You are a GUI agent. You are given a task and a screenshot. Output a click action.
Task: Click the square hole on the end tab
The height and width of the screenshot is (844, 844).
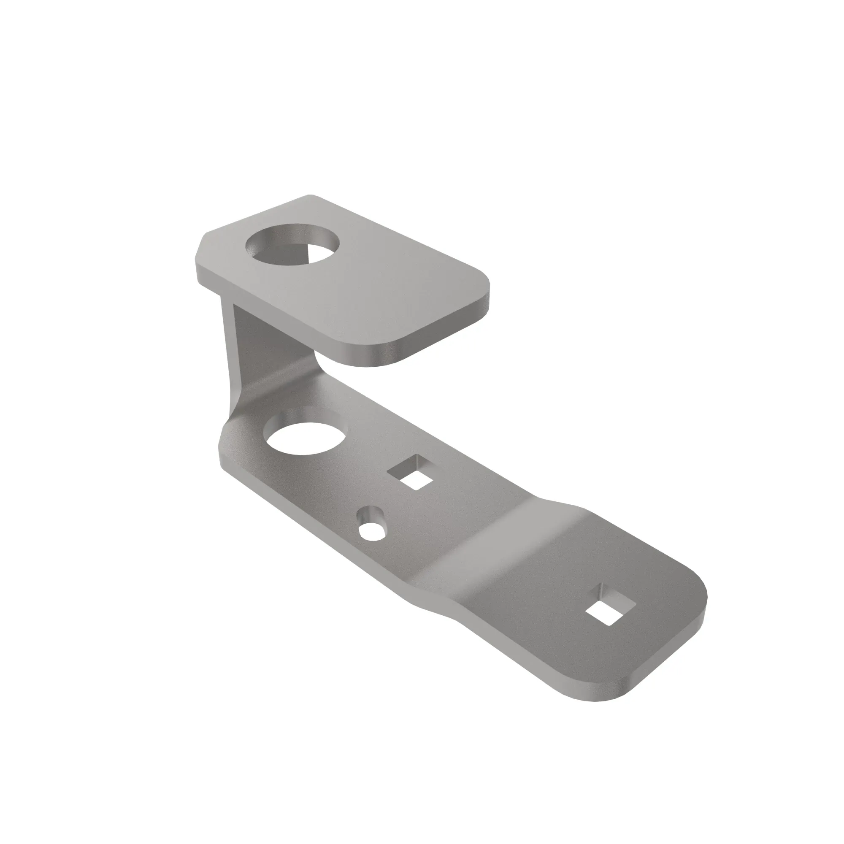610,606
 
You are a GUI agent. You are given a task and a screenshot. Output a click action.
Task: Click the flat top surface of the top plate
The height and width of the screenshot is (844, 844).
371,288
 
